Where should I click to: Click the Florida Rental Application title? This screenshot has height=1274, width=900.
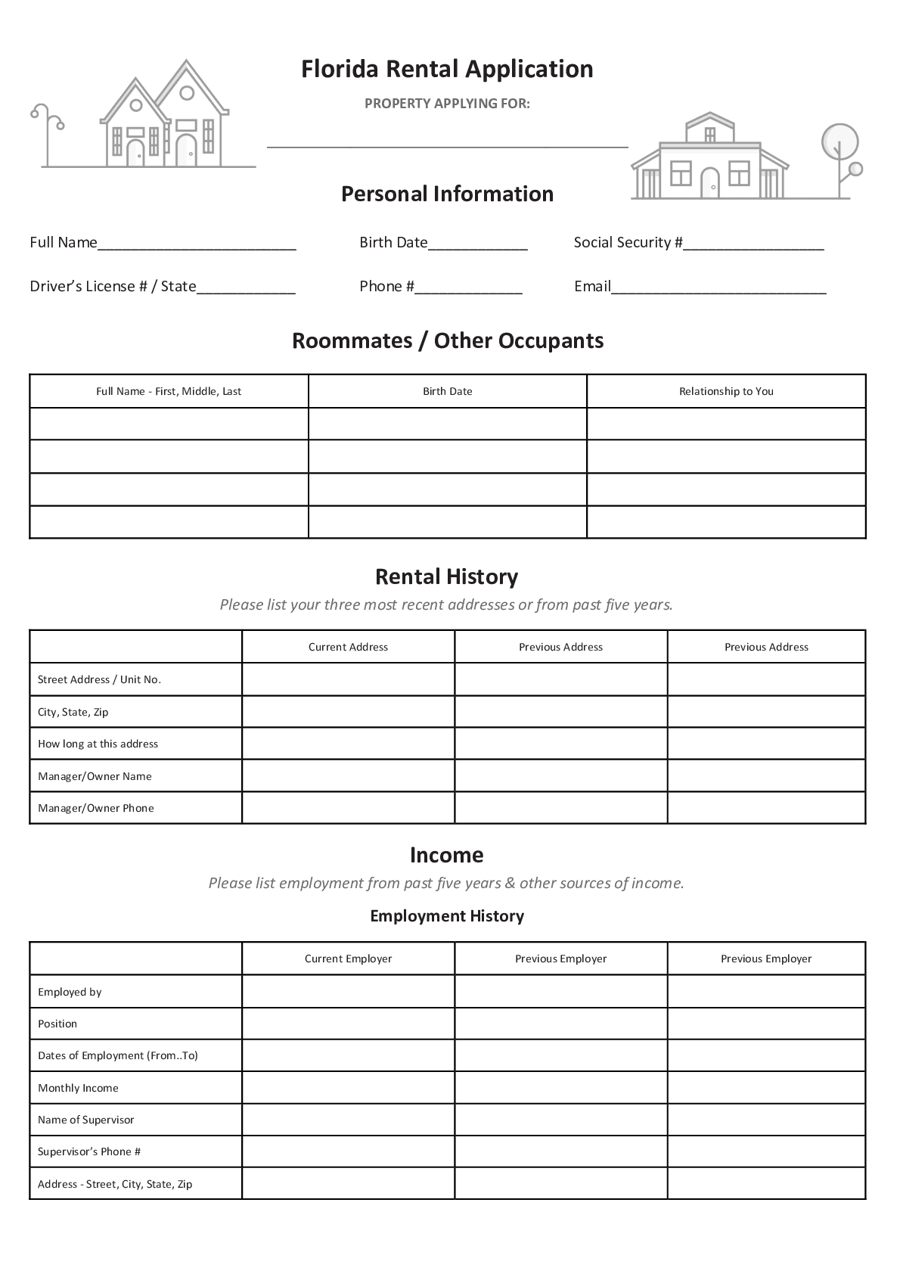click(x=447, y=69)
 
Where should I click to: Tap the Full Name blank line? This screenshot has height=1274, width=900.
click(x=197, y=244)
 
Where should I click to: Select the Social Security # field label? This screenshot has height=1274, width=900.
click(x=628, y=242)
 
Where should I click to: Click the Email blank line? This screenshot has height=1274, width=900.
click(x=718, y=288)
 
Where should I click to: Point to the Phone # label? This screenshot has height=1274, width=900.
click(x=386, y=286)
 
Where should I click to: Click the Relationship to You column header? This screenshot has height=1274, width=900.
click(x=726, y=391)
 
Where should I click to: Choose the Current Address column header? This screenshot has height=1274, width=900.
click(x=348, y=647)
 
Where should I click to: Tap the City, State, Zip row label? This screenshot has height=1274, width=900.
click(x=73, y=712)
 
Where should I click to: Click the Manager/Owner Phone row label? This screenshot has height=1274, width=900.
click(x=96, y=808)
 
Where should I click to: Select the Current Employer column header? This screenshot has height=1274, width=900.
click(x=348, y=959)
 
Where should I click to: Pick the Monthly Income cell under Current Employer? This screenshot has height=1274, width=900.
click(x=348, y=1088)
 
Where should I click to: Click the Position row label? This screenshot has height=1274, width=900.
click(x=57, y=1024)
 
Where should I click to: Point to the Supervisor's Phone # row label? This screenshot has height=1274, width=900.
click(x=89, y=1151)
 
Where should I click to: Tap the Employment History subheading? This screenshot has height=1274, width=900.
click(x=447, y=916)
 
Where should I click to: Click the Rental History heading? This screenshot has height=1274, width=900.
click(x=447, y=577)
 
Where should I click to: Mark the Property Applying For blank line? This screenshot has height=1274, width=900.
click(x=447, y=144)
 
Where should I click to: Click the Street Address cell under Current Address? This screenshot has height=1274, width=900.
click(x=348, y=679)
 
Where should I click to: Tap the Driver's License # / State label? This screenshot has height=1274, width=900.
click(x=113, y=286)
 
